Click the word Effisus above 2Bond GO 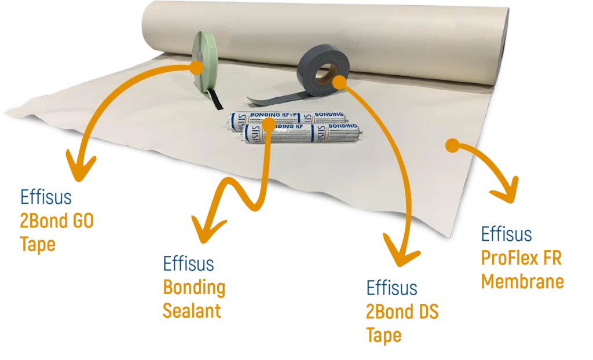coord(46,198)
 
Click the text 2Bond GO coord(58,221)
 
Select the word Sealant coord(191,311)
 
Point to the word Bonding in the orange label coord(194,288)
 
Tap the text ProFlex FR coord(521,259)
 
